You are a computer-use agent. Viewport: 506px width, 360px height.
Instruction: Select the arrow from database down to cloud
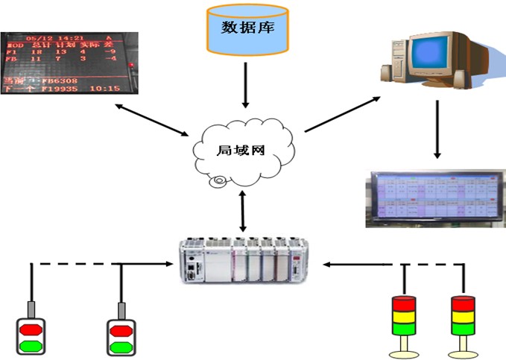point(245,86)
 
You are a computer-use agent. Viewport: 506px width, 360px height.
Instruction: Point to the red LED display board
point(68,63)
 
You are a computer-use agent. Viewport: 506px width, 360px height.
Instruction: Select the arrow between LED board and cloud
point(153,119)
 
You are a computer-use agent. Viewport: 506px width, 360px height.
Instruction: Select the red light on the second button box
point(120,329)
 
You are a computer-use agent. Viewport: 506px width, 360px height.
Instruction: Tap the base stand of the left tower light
point(403,347)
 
